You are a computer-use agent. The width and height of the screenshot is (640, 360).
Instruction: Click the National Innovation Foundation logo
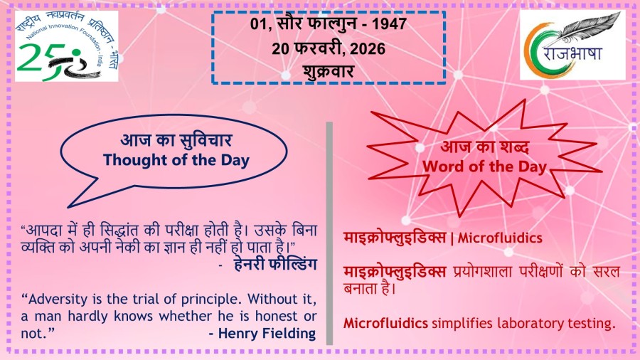point(67,46)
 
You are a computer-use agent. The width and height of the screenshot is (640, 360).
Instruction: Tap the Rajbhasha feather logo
point(572,45)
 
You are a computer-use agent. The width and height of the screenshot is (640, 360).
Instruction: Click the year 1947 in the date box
point(389,23)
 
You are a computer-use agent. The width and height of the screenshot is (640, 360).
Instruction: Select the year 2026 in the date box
point(368,49)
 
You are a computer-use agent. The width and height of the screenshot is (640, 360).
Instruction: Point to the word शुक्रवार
point(328,71)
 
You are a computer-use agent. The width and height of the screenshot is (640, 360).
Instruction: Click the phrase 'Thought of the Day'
point(176,160)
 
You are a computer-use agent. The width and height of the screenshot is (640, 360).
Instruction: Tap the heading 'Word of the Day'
point(484,166)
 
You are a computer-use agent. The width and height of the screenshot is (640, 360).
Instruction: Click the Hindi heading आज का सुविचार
point(176,140)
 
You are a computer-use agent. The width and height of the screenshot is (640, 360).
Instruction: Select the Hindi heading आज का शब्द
point(485,147)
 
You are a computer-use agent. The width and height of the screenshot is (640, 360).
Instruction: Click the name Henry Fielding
point(267,334)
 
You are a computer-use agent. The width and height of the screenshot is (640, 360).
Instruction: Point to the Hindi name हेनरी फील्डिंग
point(275,265)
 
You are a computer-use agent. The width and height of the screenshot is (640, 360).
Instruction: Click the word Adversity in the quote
point(58,300)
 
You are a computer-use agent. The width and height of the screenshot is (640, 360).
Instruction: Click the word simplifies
point(462,324)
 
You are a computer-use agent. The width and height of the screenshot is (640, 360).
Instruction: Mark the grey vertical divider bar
point(329,233)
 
